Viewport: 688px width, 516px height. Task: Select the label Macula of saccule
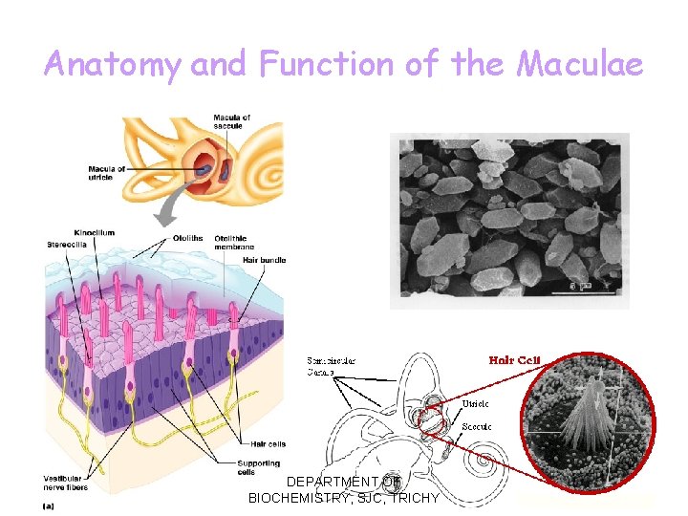click(232, 122)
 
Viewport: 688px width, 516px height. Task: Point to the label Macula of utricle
click(107, 173)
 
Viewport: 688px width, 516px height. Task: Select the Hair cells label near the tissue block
click(269, 443)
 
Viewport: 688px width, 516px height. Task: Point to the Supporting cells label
click(260, 468)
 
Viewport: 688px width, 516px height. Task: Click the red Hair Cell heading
click(515, 360)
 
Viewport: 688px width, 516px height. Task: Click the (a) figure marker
click(48, 505)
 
